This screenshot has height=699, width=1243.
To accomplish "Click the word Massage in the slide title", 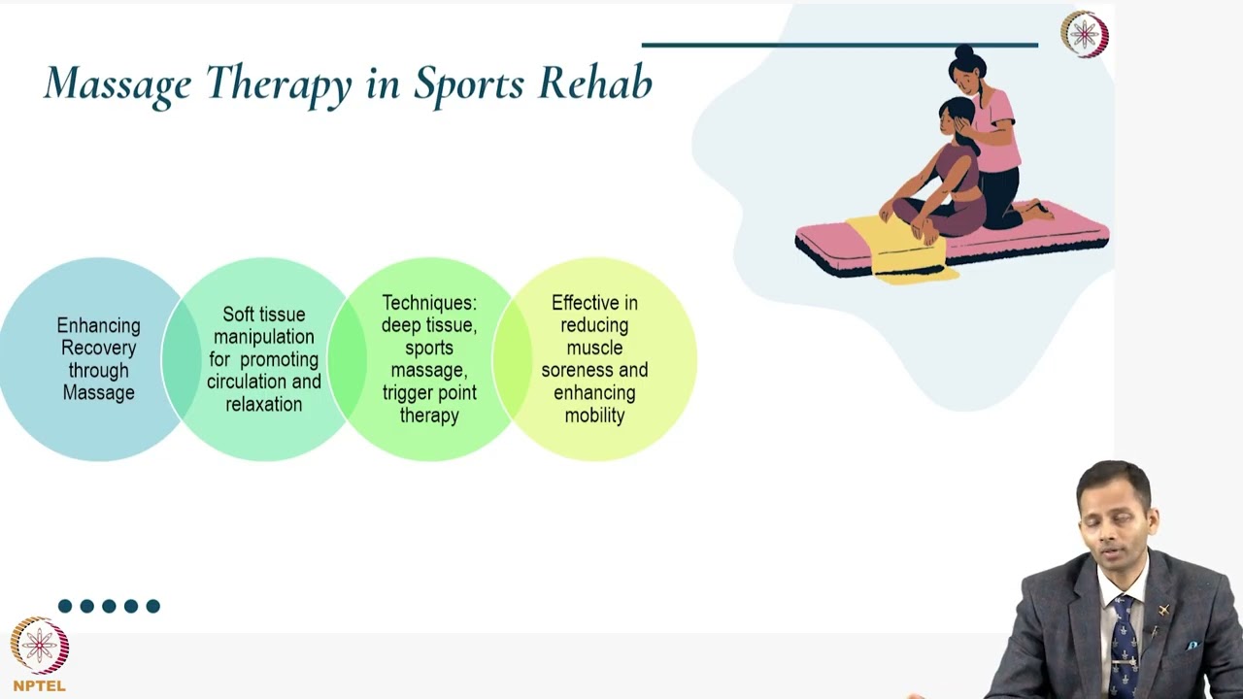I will pos(118,84).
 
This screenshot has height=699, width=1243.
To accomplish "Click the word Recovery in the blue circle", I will pos(98,348).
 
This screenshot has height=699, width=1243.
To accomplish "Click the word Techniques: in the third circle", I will pos(429,303).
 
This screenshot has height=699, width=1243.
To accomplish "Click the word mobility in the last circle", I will pos(594,416).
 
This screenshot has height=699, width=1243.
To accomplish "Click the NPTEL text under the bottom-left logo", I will pos(40,685).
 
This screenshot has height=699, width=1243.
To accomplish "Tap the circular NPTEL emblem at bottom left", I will pos(40,646).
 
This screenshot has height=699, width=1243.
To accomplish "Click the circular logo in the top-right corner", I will pos(1084,34).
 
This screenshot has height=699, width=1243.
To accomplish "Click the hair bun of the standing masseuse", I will pos(963,52).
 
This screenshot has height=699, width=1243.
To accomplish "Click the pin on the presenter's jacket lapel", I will pos(1162,611).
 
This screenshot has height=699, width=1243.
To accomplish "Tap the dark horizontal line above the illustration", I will pos(839,45).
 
